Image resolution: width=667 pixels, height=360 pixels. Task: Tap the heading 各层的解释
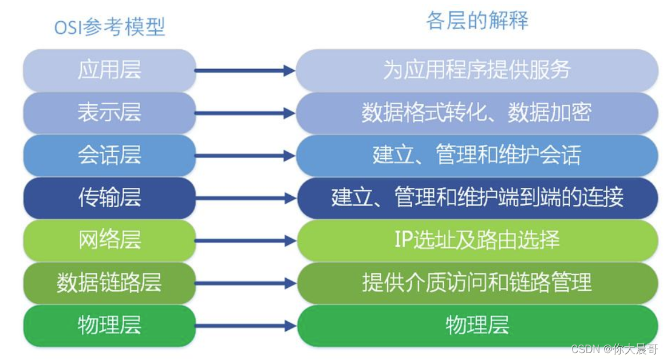click(477, 21)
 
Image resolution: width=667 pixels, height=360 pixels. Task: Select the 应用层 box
click(109, 70)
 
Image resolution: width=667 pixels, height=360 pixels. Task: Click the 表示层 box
click(109, 113)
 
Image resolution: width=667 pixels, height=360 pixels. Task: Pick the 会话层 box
click(109, 155)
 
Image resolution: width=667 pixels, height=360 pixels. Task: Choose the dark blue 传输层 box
click(109, 198)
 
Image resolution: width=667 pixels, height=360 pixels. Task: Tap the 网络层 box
click(109, 240)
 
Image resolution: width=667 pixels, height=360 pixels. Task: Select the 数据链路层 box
click(109, 283)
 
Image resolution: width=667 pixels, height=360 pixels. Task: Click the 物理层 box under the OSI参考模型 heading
click(109, 326)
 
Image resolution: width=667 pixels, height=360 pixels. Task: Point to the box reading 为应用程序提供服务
click(477, 70)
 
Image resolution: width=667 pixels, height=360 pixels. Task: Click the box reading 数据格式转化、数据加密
click(477, 113)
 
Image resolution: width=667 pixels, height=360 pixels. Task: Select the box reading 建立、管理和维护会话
click(477, 155)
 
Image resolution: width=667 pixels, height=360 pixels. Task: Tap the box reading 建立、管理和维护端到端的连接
click(477, 198)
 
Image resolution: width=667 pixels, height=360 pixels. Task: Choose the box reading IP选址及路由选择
click(477, 240)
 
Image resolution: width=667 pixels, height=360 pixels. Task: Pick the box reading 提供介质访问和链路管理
click(477, 283)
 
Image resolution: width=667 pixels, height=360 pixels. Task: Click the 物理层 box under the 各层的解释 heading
click(477, 326)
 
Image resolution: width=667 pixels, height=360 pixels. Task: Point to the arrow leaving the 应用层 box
click(245, 71)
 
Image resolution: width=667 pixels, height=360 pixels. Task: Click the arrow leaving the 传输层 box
click(245, 199)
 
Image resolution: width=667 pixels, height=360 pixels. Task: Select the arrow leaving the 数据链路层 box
click(245, 283)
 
